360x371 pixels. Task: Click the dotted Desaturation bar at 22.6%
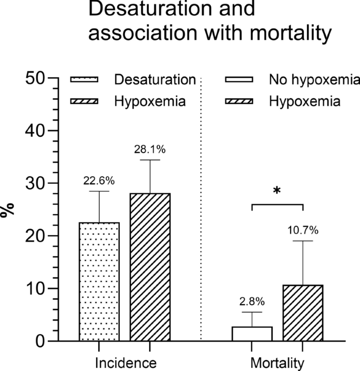pos(99,282)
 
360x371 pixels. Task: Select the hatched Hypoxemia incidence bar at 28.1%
pos(150,267)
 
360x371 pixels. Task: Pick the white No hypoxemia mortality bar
pos(252,334)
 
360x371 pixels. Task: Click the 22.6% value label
pos(99,181)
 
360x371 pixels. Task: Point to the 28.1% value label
pos(150,149)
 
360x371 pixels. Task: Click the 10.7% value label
pos(303,230)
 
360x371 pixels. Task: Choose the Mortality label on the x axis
pos(277,363)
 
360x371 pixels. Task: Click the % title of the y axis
pos(8,210)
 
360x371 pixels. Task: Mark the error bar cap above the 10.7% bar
pos(303,240)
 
